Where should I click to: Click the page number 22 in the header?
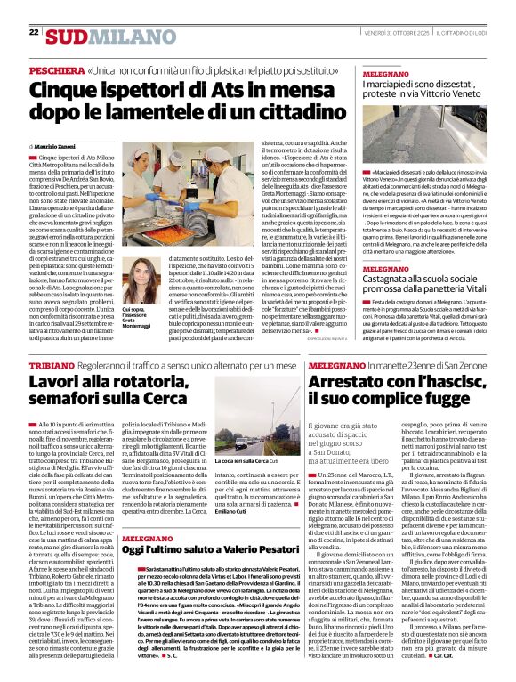click(33, 33)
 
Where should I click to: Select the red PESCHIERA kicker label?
click(57, 69)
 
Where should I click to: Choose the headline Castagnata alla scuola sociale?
click(426, 309)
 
